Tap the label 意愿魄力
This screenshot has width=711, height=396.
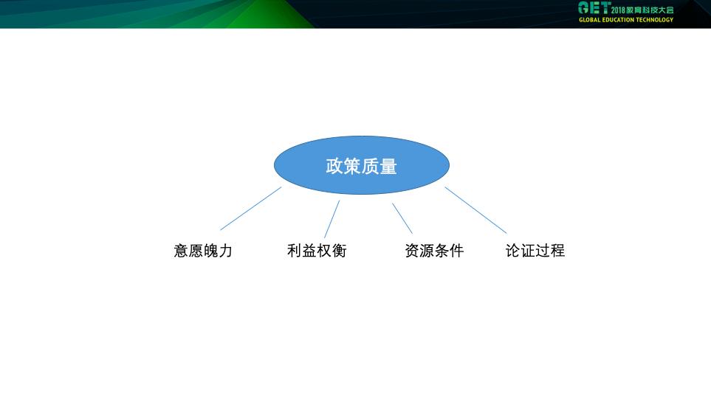click(x=203, y=251)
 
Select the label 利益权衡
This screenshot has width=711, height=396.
click(x=317, y=251)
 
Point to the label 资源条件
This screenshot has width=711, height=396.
click(x=434, y=251)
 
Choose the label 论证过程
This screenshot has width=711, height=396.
click(x=535, y=251)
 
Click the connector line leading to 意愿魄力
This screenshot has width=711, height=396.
click(x=251, y=208)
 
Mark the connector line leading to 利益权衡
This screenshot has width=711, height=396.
click(x=332, y=219)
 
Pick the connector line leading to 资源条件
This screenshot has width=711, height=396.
click(x=402, y=218)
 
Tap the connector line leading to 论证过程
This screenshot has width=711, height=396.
click(x=475, y=210)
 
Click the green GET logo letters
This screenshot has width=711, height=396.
click(x=594, y=8)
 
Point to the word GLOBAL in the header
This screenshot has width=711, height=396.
click(x=590, y=20)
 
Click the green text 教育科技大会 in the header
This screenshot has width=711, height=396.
click(x=650, y=10)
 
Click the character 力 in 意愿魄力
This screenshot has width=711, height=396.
click(x=225, y=251)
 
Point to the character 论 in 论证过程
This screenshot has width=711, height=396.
click(x=513, y=251)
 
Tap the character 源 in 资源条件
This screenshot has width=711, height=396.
click(x=427, y=251)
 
